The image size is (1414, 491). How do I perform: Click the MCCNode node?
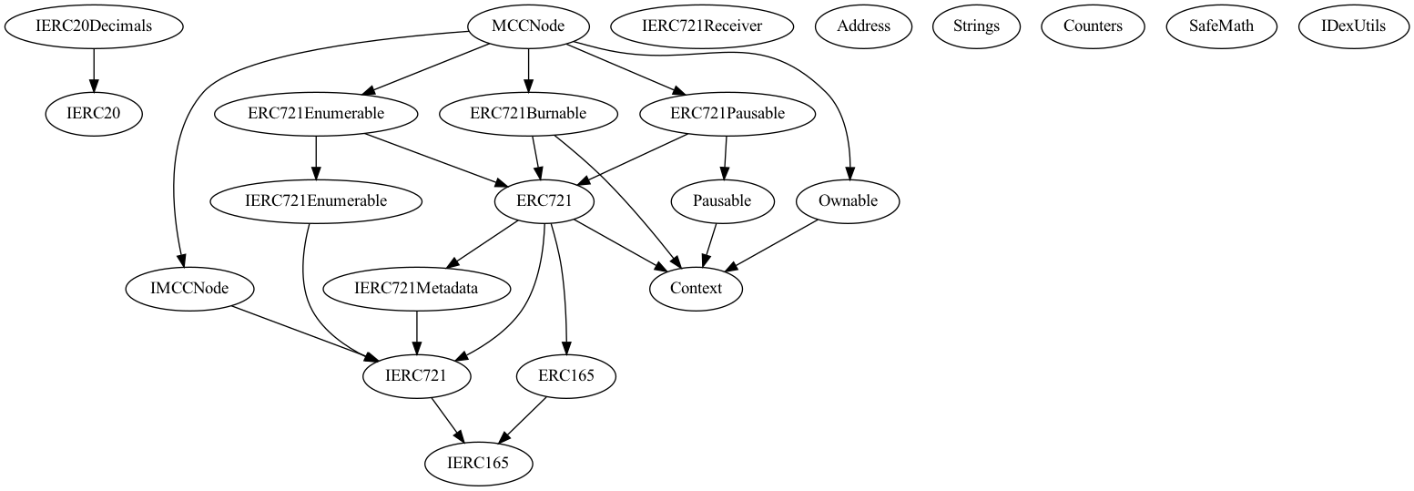tap(528, 26)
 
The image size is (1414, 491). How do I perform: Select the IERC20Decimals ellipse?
tap(94, 26)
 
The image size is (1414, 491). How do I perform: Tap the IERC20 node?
tap(94, 113)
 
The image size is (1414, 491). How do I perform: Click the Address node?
tap(863, 26)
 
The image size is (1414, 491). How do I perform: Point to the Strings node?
tap(976, 26)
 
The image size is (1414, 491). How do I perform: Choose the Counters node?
tap(1093, 26)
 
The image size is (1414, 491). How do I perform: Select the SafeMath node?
tap(1221, 26)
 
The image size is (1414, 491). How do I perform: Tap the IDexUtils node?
tap(1354, 26)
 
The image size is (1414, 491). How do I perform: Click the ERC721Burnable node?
tap(525, 113)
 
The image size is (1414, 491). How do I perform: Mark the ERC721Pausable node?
tap(727, 113)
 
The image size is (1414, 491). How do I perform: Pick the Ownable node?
tap(848, 200)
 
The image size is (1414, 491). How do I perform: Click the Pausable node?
tap(722, 200)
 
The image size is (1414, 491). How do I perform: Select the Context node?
tap(696, 288)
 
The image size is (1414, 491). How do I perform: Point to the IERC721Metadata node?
tap(417, 288)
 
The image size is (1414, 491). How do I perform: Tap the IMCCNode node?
tap(189, 288)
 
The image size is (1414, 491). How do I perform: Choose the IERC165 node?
tap(477, 463)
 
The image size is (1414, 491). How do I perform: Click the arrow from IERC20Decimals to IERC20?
tap(94, 69)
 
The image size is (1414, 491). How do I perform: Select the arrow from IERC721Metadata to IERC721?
tap(417, 332)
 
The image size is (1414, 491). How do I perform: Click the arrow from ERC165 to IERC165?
tap(522, 419)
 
